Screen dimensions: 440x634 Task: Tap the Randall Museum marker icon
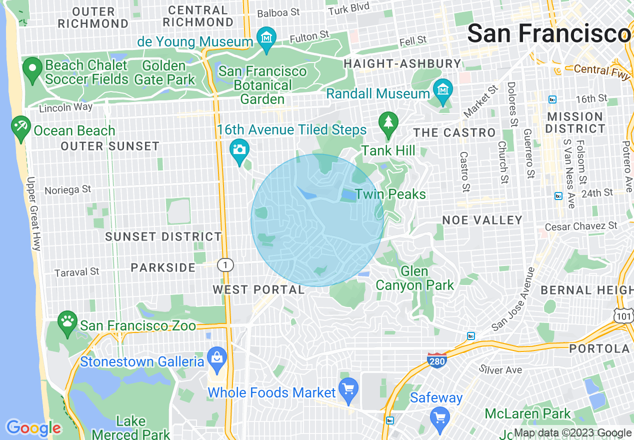coord(443,90)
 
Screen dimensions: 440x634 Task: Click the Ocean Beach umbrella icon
coord(20,126)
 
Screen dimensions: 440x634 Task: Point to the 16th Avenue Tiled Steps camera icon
coord(239,149)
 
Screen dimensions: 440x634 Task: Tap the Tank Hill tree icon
coord(388,122)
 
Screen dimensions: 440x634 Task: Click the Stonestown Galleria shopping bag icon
coord(217,357)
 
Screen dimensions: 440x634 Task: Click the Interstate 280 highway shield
coord(436,360)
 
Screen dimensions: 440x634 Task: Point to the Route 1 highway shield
coord(225,265)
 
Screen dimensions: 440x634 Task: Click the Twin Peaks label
coord(390,194)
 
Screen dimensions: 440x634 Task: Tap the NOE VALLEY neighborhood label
coord(482,220)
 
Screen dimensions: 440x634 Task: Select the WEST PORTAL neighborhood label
coord(258,289)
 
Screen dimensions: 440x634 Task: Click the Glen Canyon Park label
coord(414,278)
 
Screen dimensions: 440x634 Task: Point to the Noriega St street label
coord(68,190)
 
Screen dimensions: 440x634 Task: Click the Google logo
coord(33,428)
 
